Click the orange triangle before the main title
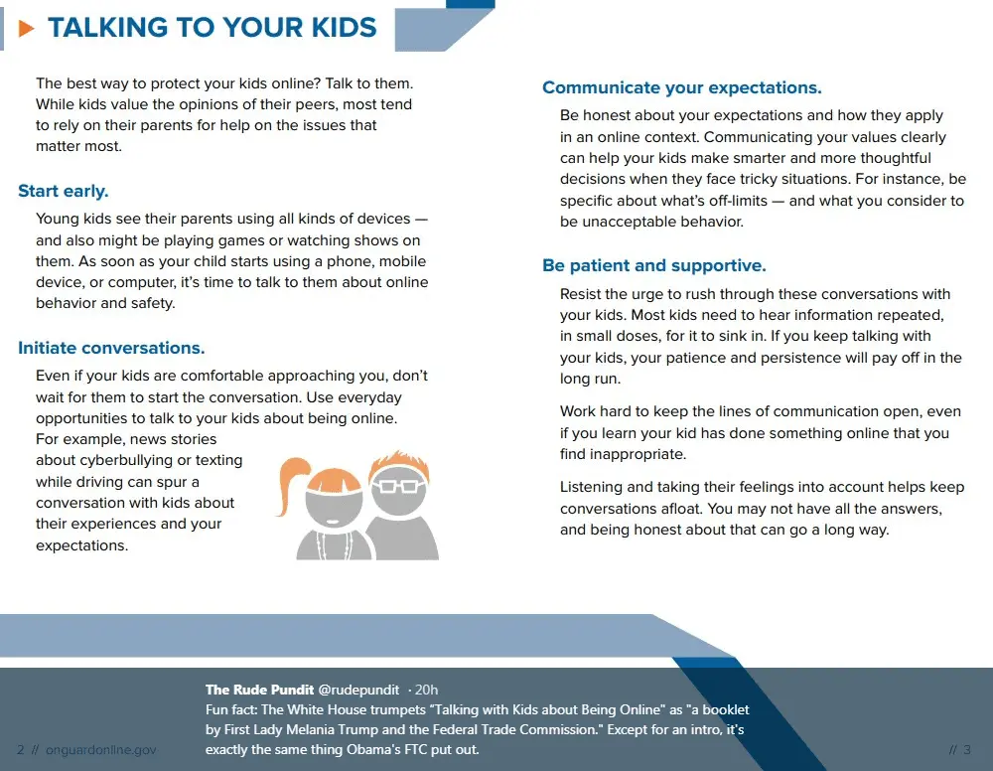coord(27,28)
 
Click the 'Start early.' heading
coord(64,191)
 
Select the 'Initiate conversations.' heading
coord(111,348)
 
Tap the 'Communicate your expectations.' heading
coord(681,87)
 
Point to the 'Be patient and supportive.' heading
coord(653,265)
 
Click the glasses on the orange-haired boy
coord(397,486)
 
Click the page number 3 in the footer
coord(967,750)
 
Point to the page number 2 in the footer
coord(21,750)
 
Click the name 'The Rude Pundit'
coord(259,690)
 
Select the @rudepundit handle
coord(358,690)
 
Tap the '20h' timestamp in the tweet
coord(424,690)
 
